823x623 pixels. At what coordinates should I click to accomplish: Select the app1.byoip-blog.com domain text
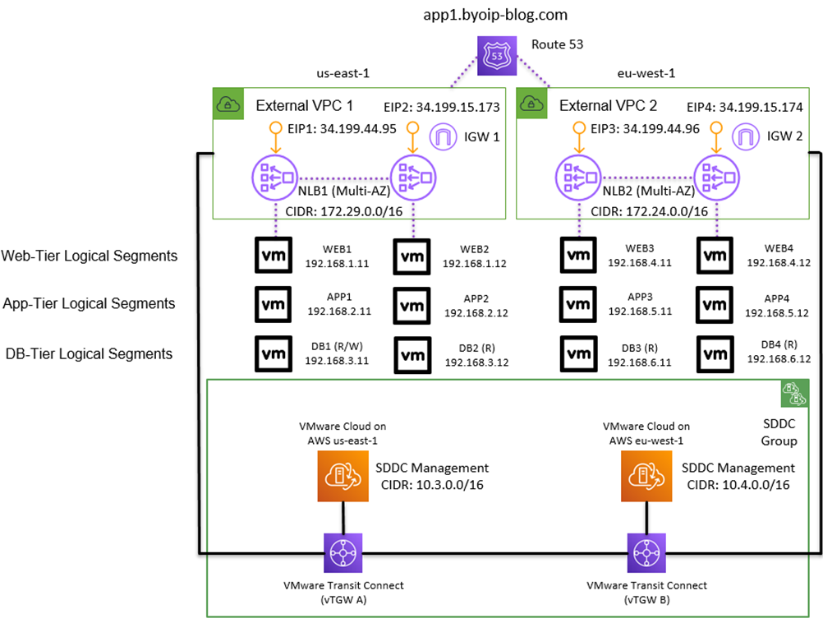pyautogui.click(x=496, y=15)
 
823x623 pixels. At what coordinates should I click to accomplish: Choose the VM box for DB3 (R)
pyautogui.click(x=579, y=353)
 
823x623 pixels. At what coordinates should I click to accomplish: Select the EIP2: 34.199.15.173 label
pyautogui.click(x=441, y=108)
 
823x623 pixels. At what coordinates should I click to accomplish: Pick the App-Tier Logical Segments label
pyautogui.click(x=90, y=304)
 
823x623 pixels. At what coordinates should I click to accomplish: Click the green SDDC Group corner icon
pyautogui.click(x=790, y=395)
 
